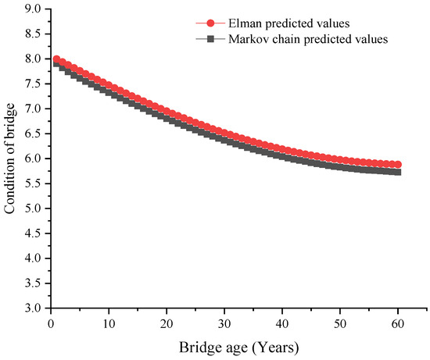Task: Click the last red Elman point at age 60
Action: pyautogui.click(x=397, y=165)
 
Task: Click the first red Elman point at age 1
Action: pyautogui.click(x=56, y=59)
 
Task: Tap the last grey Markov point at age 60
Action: pyautogui.click(x=397, y=172)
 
